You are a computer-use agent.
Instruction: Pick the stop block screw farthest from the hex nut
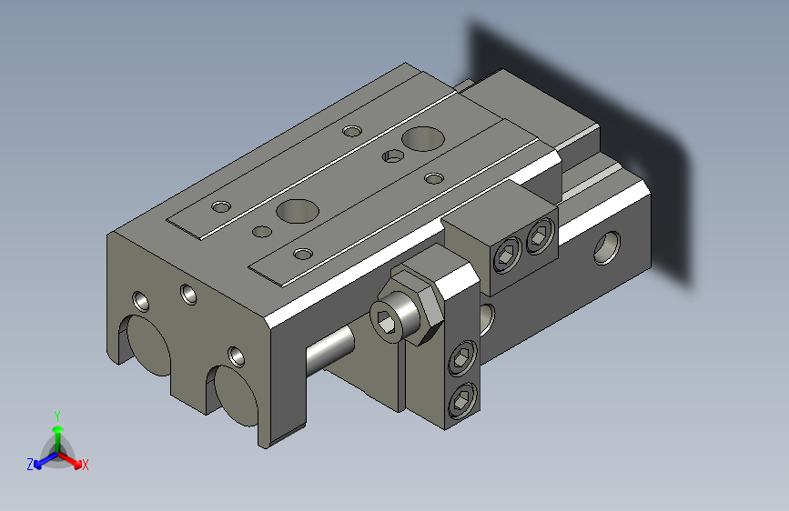[x=540, y=237]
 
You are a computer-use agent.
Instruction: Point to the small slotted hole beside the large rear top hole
[x=392, y=156]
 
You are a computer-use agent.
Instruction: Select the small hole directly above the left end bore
[x=140, y=299]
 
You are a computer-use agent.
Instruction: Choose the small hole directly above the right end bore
[x=236, y=353]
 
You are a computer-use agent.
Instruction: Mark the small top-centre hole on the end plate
[x=188, y=293]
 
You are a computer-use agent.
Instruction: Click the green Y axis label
[x=56, y=415]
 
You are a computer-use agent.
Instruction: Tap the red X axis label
[x=86, y=465]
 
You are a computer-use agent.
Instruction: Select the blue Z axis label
[x=30, y=464]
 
